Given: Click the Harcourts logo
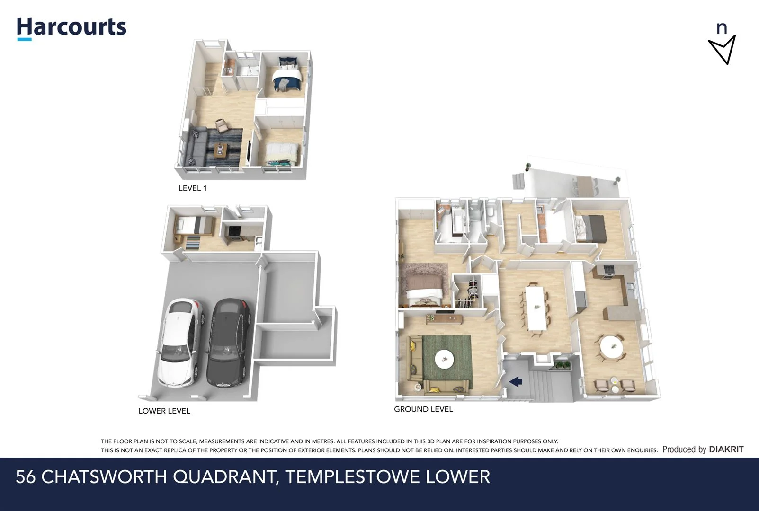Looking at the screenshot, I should [71, 27].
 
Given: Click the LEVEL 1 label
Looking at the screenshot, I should [192, 188].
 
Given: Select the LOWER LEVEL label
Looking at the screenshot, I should [164, 411].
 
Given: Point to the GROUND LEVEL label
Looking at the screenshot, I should [423, 409].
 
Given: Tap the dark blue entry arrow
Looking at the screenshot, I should [516, 380].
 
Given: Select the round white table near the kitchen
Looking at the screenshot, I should [611, 347].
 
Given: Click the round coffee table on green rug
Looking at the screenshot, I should [444, 359].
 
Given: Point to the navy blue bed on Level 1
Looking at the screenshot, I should [287, 75].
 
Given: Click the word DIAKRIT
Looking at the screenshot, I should [726, 449].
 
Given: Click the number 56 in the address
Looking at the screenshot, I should [26, 476].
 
